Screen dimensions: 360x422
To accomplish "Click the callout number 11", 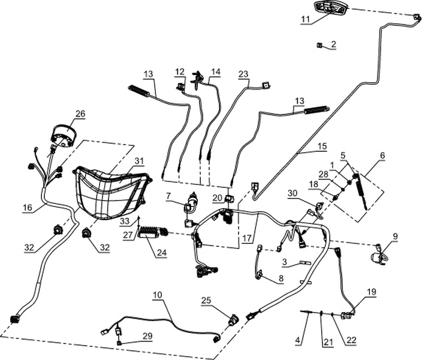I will tap(306, 20).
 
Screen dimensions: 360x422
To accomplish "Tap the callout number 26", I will tap(80, 113).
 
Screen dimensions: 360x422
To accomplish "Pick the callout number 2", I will tap(334, 44).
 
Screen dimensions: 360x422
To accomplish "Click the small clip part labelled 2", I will tap(320, 45).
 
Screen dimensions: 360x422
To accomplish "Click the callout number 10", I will tap(157, 295).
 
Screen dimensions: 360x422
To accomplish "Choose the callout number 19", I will tap(372, 292).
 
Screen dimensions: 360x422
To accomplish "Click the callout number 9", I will tap(395, 236).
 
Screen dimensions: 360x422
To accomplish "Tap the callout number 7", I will tap(168, 195).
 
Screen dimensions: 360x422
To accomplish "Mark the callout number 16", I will tap(27, 208).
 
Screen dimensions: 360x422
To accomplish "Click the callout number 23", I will tap(243, 74).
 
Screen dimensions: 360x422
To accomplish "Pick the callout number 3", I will tap(287, 262).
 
